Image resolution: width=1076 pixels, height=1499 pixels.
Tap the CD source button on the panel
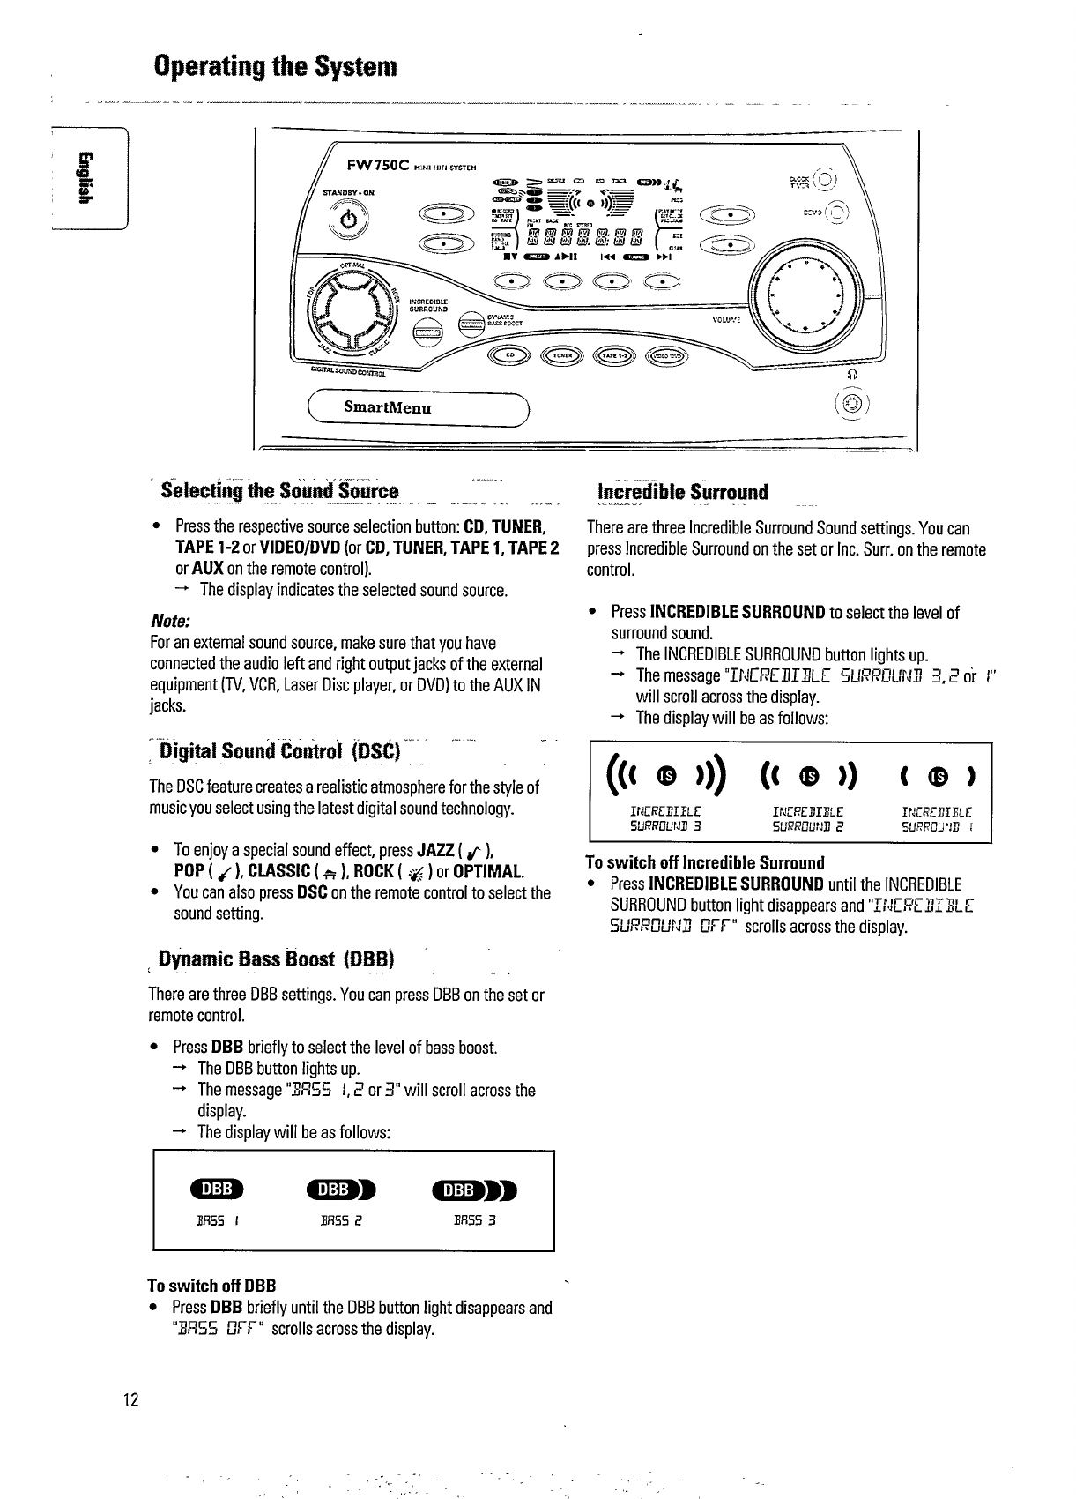508,355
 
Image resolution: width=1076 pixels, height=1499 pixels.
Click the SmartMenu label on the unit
387,408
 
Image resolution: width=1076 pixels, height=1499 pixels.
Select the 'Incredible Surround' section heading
682,491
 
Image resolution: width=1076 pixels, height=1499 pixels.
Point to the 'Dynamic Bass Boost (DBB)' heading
276,958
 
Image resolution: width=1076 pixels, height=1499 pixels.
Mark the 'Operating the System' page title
275,66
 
